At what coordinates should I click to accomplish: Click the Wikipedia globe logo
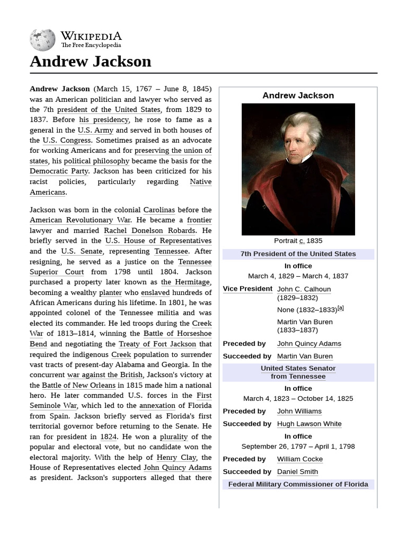coord(42,40)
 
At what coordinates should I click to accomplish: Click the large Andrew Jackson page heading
coord(91,62)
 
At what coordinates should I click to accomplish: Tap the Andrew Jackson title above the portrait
coord(298,95)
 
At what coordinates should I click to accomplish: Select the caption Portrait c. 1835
coord(298,241)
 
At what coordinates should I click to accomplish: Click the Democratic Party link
coord(59,171)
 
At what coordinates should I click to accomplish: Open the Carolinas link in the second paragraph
coord(159,210)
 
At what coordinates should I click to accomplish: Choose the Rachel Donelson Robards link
coord(149,231)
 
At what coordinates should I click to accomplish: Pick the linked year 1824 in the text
coord(109,437)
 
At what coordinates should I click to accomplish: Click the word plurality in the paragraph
coord(174,437)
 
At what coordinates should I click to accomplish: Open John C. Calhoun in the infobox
coord(304,290)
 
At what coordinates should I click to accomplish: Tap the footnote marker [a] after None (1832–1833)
coord(340,308)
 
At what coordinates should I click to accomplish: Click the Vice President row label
coord(247,289)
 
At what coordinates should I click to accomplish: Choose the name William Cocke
coord(299,459)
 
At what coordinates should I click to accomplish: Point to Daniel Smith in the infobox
coord(297,472)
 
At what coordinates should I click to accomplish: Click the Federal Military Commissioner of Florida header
coord(298,485)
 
